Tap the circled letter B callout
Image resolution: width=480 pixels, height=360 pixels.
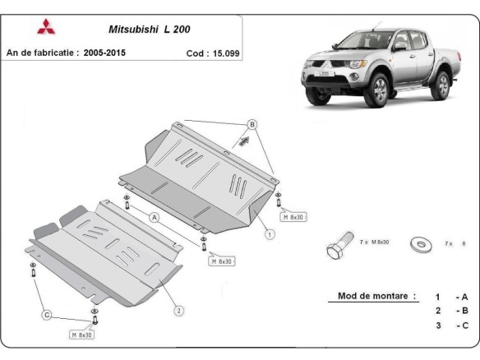[252, 124]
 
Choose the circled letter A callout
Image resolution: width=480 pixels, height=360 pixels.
[154, 217]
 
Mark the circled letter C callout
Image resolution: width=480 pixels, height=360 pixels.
[47, 315]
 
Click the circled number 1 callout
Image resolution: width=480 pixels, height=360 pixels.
[270, 234]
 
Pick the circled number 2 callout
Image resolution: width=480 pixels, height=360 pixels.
[178, 310]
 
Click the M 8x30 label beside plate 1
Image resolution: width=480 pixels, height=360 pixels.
[295, 217]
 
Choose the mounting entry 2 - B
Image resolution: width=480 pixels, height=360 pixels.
[451, 311]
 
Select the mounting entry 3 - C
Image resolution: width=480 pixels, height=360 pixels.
[451, 326]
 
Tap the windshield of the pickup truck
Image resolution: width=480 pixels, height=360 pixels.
[365, 40]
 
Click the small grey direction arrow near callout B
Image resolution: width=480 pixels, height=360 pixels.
[244, 141]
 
